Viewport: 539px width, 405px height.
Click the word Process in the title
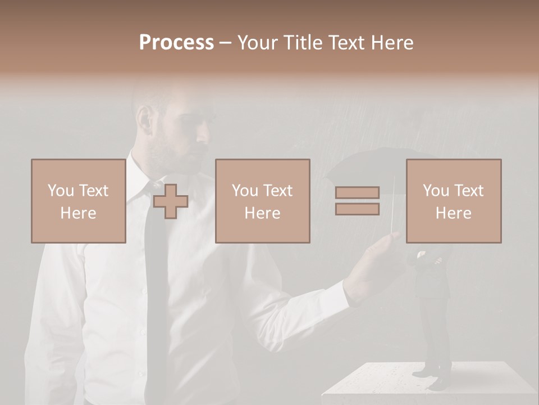[x=176, y=43]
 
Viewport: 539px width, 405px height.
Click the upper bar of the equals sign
[x=357, y=193]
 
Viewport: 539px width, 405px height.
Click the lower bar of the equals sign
[x=357, y=209]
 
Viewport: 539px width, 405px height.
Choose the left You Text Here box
[x=79, y=201]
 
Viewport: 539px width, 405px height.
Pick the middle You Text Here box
[x=263, y=201]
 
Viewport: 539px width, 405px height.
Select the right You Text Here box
[x=454, y=201]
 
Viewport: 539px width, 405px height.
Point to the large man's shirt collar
[x=140, y=169]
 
